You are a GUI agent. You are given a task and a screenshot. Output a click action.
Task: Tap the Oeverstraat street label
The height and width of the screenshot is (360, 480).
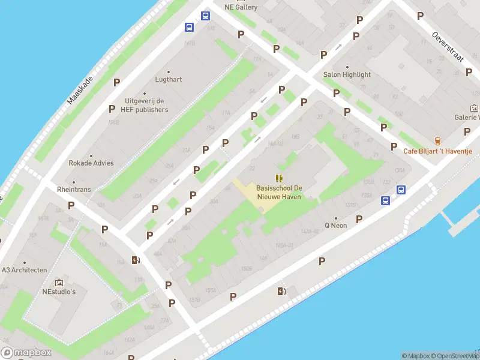(x=448, y=46)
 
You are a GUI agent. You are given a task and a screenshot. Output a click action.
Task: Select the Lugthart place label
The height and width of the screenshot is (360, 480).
(x=169, y=79)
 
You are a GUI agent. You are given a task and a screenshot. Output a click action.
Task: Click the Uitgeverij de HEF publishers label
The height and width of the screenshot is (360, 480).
(x=146, y=105)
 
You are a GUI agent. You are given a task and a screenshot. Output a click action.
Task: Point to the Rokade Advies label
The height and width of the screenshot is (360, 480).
(x=91, y=163)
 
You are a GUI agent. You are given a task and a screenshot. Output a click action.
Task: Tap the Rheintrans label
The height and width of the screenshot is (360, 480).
(x=74, y=189)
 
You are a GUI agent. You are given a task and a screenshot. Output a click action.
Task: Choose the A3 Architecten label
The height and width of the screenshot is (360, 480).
(x=24, y=270)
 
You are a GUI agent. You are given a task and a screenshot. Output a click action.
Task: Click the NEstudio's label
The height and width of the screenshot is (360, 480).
(x=59, y=292)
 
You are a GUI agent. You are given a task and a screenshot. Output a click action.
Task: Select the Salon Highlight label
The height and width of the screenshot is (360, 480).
(x=347, y=75)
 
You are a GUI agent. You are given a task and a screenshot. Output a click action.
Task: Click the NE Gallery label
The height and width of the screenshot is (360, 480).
(x=241, y=7)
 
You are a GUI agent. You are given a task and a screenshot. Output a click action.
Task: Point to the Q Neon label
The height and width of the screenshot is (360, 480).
(x=336, y=226)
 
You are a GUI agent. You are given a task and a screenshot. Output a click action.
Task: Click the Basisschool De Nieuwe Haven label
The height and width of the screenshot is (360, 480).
(x=278, y=192)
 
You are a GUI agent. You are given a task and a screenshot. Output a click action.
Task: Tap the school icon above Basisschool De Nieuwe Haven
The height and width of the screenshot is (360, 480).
(x=278, y=178)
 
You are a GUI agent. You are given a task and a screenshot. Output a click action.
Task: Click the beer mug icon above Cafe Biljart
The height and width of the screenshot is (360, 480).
(x=437, y=141)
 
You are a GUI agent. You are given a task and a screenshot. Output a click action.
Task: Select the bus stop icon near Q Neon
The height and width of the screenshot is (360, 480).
(x=401, y=190)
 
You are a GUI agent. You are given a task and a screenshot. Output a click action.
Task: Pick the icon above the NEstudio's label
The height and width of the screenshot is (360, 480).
(x=59, y=282)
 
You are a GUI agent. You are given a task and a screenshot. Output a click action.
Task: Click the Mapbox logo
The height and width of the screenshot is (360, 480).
(x=26, y=353)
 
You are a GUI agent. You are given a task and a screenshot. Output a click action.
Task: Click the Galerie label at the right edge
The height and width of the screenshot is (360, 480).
(x=467, y=118)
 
